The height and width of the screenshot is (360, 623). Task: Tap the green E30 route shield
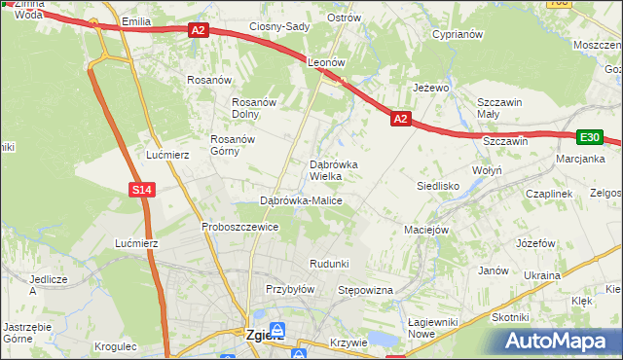pos(590,138)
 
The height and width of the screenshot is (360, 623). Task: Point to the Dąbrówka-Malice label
pos(301,200)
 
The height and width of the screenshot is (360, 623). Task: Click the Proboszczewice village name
pos(240,227)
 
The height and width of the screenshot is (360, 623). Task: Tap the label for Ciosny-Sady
pos(279,27)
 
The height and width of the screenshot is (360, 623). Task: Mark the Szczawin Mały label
pos(500,108)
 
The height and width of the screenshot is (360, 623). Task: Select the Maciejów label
pos(425,231)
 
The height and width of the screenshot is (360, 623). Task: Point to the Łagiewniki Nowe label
pos(434,327)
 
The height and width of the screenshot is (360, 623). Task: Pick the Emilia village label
pos(135,20)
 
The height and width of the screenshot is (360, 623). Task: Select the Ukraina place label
pos(542,275)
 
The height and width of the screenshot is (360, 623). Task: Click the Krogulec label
pos(117,345)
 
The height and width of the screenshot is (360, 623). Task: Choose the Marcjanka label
pos(581,159)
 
